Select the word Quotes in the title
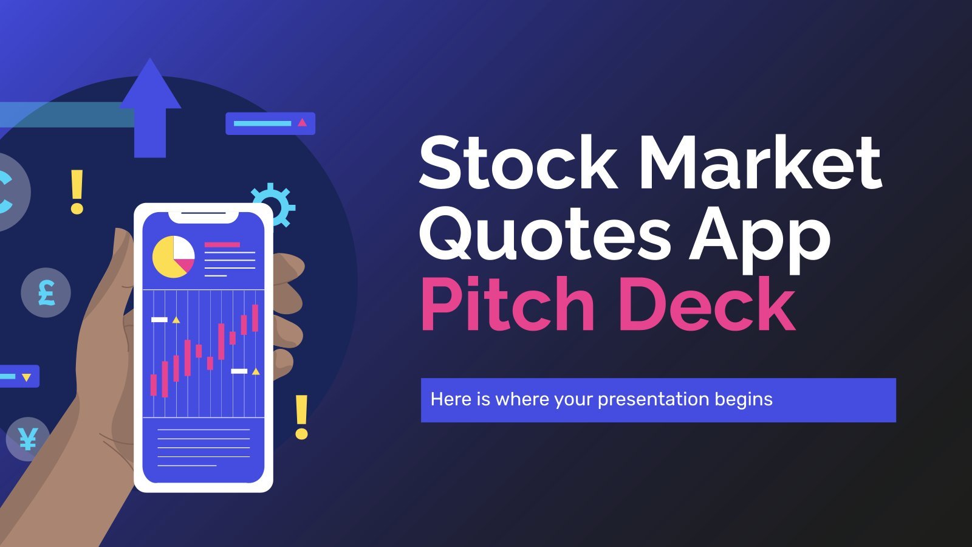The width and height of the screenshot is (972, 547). point(544,238)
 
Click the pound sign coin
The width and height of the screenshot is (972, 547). point(46,292)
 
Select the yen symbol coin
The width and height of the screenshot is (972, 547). point(28,439)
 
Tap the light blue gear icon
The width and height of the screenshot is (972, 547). point(273,205)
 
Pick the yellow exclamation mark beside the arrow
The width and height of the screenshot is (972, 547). point(77,192)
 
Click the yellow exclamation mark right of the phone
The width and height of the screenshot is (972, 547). point(301,417)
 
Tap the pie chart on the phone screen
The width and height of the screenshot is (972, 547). point(174,257)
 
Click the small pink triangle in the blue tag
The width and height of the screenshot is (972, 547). point(303,123)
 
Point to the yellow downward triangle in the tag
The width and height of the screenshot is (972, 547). point(27,377)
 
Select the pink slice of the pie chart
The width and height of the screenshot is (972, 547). point(185,264)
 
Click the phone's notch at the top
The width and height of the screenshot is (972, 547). point(204,217)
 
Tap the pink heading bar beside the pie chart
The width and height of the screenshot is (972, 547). point(222,245)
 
